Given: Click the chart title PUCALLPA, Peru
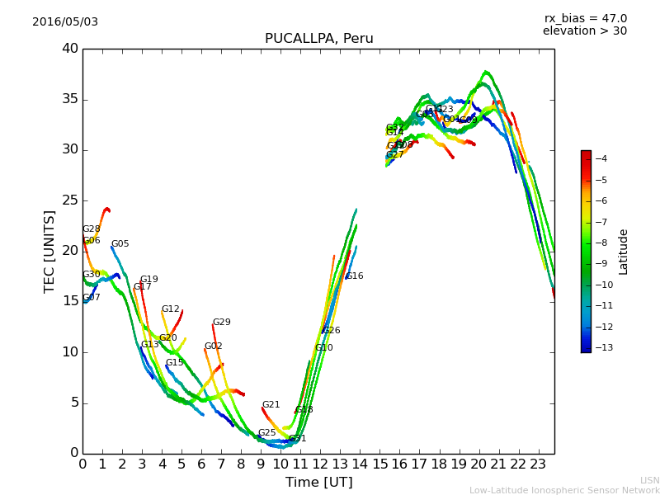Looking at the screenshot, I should coord(318,39).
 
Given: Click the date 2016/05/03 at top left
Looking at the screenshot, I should coord(65,21).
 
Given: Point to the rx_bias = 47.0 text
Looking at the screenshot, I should coord(585,18).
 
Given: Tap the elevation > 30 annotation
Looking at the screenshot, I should coord(584,31).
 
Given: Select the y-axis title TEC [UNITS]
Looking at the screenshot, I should coord(49,251).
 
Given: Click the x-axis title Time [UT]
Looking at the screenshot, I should coord(318,482).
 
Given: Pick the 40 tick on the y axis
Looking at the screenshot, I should coord(69,49).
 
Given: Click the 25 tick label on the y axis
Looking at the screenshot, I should coord(69,200).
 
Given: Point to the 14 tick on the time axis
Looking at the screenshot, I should coord(360,464).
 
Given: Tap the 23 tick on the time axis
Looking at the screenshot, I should coord(538,464).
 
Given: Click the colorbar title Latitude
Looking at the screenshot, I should coord(624,251).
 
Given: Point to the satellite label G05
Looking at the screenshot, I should coord(120,244).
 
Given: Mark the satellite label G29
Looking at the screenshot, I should coord(221,323).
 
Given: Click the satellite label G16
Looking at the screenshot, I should coord(354,276).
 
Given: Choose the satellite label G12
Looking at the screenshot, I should coord(170,309).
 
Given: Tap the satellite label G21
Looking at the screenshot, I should coord(271,405).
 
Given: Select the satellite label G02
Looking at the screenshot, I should coord(213,346).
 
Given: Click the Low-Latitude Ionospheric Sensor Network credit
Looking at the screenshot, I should coord(564,490).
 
